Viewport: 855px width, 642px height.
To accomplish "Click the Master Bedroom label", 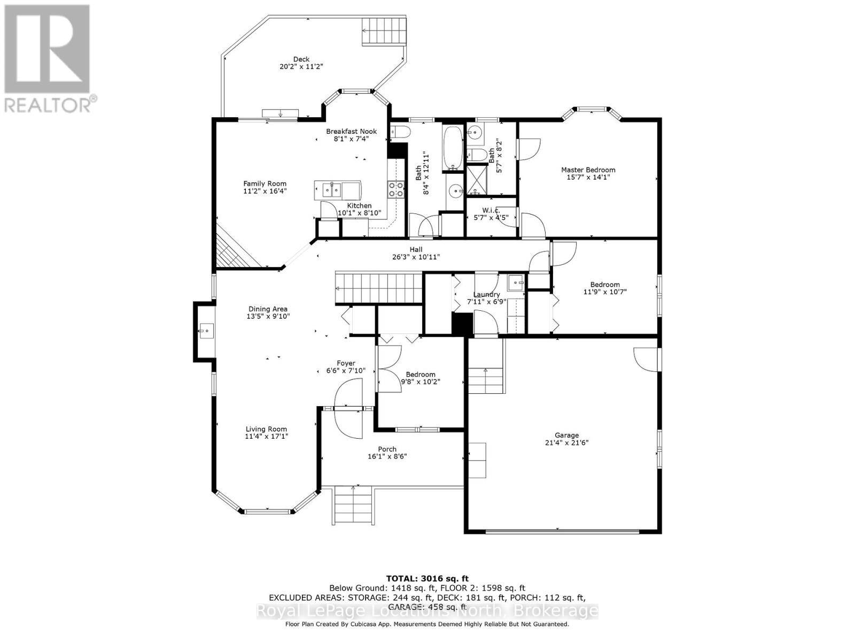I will pyautogui.click(x=588, y=170).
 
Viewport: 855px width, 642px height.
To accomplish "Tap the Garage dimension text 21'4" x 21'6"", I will pyautogui.click(x=566, y=442).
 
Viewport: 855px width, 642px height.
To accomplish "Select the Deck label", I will pyautogui.click(x=301, y=59).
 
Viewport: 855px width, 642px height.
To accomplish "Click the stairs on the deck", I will pyautogui.click(x=383, y=31).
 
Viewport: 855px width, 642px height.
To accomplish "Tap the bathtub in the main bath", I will pyautogui.click(x=454, y=148).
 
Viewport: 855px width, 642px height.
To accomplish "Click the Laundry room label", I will pyautogui.click(x=486, y=294).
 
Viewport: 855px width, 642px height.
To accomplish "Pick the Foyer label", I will pyautogui.click(x=346, y=363).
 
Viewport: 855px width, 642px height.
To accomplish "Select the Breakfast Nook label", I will pyautogui.click(x=351, y=131).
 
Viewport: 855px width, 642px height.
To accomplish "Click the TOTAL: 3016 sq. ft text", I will pyautogui.click(x=427, y=578).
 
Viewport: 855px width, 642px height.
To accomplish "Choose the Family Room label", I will pyautogui.click(x=265, y=184).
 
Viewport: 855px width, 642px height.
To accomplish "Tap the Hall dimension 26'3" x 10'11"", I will pyautogui.click(x=416, y=257).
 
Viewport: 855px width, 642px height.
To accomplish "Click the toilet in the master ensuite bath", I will pyautogui.click(x=480, y=156).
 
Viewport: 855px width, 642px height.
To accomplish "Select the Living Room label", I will pyautogui.click(x=266, y=429).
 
